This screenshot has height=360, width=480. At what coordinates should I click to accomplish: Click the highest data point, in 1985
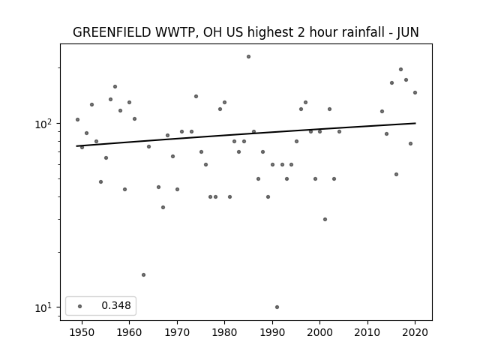tap(248, 57)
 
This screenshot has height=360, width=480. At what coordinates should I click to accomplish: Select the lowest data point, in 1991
tap(277, 307)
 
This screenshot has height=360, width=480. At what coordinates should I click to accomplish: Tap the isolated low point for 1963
tap(143, 275)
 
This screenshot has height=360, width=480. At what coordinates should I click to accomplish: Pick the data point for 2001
tap(325, 219)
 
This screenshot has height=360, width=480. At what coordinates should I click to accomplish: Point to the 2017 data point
tap(400, 70)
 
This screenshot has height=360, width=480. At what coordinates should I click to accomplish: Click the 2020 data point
tap(415, 93)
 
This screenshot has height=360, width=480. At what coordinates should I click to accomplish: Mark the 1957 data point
tap(115, 87)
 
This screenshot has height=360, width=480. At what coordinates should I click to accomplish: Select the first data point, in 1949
tap(77, 120)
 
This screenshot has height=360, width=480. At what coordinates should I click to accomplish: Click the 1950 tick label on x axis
tap(82, 332)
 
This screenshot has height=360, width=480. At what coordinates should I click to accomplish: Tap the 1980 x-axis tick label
tap(224, 332)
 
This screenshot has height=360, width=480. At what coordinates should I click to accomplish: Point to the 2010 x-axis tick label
tap(367, 332)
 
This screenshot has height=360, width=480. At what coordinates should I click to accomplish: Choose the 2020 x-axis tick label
tap(415, 332)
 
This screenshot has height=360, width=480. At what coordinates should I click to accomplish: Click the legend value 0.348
tap(116, 305)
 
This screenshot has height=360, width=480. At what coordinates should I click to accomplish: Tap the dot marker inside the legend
tap(80, 306)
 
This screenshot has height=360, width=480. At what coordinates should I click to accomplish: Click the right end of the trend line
tap(415, 123)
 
